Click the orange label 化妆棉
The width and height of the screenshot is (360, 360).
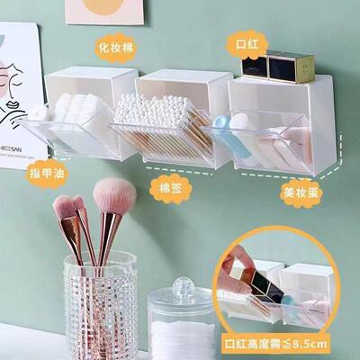(x=116, y=44)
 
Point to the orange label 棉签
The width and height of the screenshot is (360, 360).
(x=168, y=186)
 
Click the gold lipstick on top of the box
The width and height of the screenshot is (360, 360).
(x=290, y=66)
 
